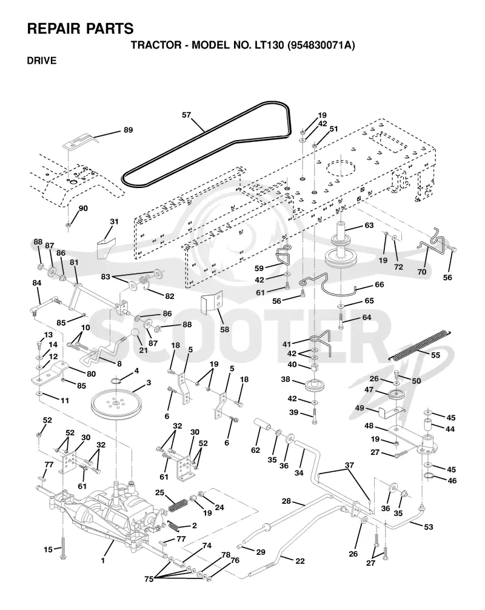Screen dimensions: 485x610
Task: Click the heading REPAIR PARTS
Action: pos(80,28)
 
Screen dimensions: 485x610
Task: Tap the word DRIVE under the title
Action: pos(42,61)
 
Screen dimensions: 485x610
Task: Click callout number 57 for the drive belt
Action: pos(187,115)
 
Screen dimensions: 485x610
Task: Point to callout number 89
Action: pos(129,130)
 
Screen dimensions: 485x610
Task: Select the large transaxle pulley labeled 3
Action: pos(115,406)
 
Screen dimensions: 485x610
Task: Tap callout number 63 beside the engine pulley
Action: pos(369,225)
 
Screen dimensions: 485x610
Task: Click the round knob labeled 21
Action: pos(134,334)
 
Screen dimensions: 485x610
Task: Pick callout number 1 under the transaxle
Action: pos(103,561)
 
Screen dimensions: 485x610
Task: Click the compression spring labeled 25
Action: pos(178,506)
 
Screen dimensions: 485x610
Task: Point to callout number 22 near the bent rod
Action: pos(300,561)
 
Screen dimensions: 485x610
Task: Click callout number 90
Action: pos(83,209)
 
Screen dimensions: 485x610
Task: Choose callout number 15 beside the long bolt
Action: pos(48,550)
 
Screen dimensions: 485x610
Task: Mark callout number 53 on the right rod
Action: pos(428,527)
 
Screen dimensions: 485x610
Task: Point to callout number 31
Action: pos(114,222)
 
